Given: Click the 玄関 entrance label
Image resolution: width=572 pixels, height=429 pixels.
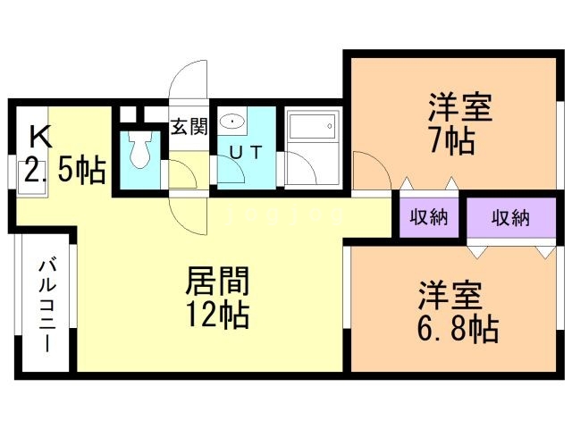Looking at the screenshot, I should pos(189,126).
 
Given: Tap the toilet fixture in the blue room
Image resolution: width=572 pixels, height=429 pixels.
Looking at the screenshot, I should pos(139,152).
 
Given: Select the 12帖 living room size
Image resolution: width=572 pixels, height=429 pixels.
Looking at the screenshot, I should pos(217,315).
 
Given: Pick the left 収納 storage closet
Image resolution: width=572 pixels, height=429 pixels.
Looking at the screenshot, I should pos(428,217).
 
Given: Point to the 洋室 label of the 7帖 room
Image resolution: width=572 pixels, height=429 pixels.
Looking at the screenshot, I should pos(460,110).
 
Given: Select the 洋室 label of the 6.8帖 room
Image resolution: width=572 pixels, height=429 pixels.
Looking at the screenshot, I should pos(452,296).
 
